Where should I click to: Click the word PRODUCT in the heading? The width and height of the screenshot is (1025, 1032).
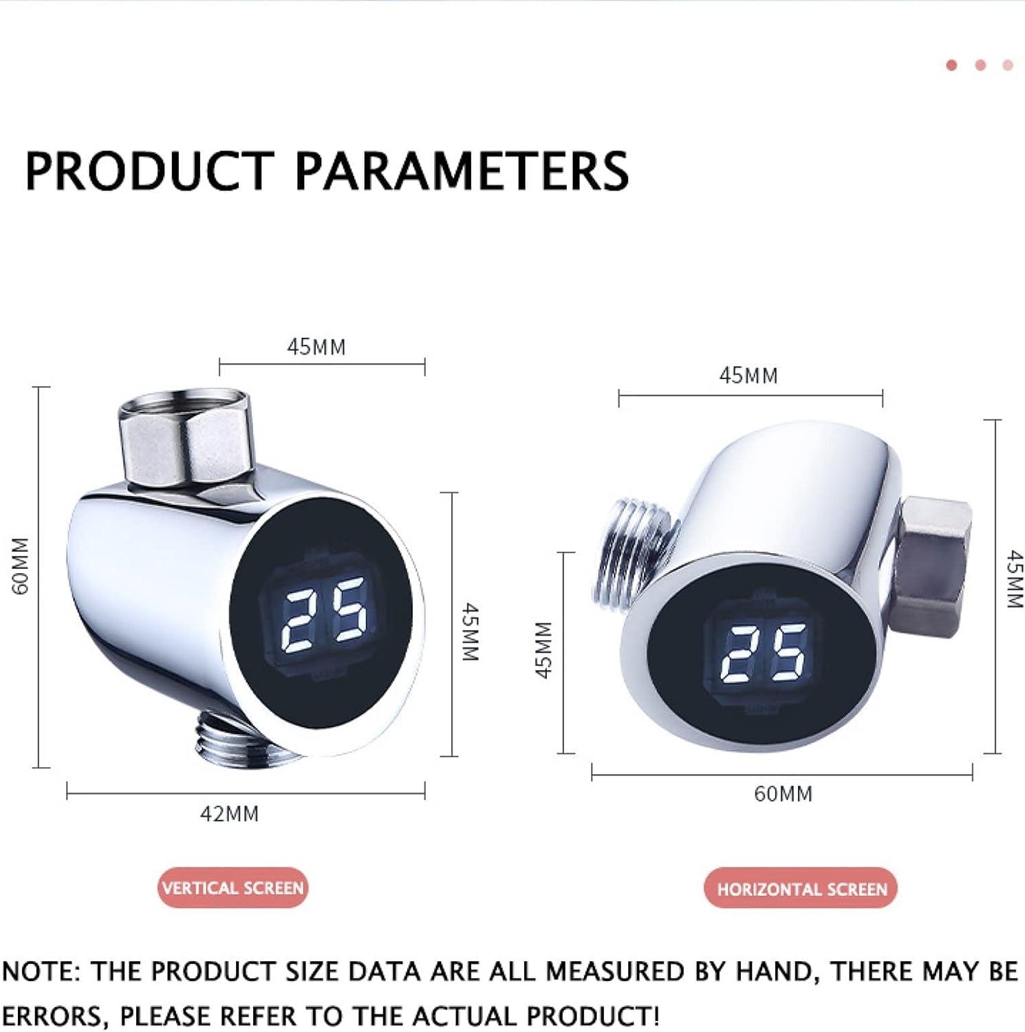coord(149,170)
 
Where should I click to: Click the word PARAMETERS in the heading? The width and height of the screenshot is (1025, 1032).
coord(462,170)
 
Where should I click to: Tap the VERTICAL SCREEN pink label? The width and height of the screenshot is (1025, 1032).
coord(233,888)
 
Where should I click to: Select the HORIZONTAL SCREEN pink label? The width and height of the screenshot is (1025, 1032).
coord(802,889)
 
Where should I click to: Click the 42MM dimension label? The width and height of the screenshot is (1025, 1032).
coord(229,814)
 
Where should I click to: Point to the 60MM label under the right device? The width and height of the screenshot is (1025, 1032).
coord(783,793)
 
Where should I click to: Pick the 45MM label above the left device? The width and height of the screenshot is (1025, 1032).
coord(316,347)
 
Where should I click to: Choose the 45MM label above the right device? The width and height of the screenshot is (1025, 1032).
coord(748,376)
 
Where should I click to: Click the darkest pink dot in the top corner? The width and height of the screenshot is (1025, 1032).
coord(952,65)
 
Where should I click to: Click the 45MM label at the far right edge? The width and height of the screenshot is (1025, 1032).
coord(1014,579)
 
